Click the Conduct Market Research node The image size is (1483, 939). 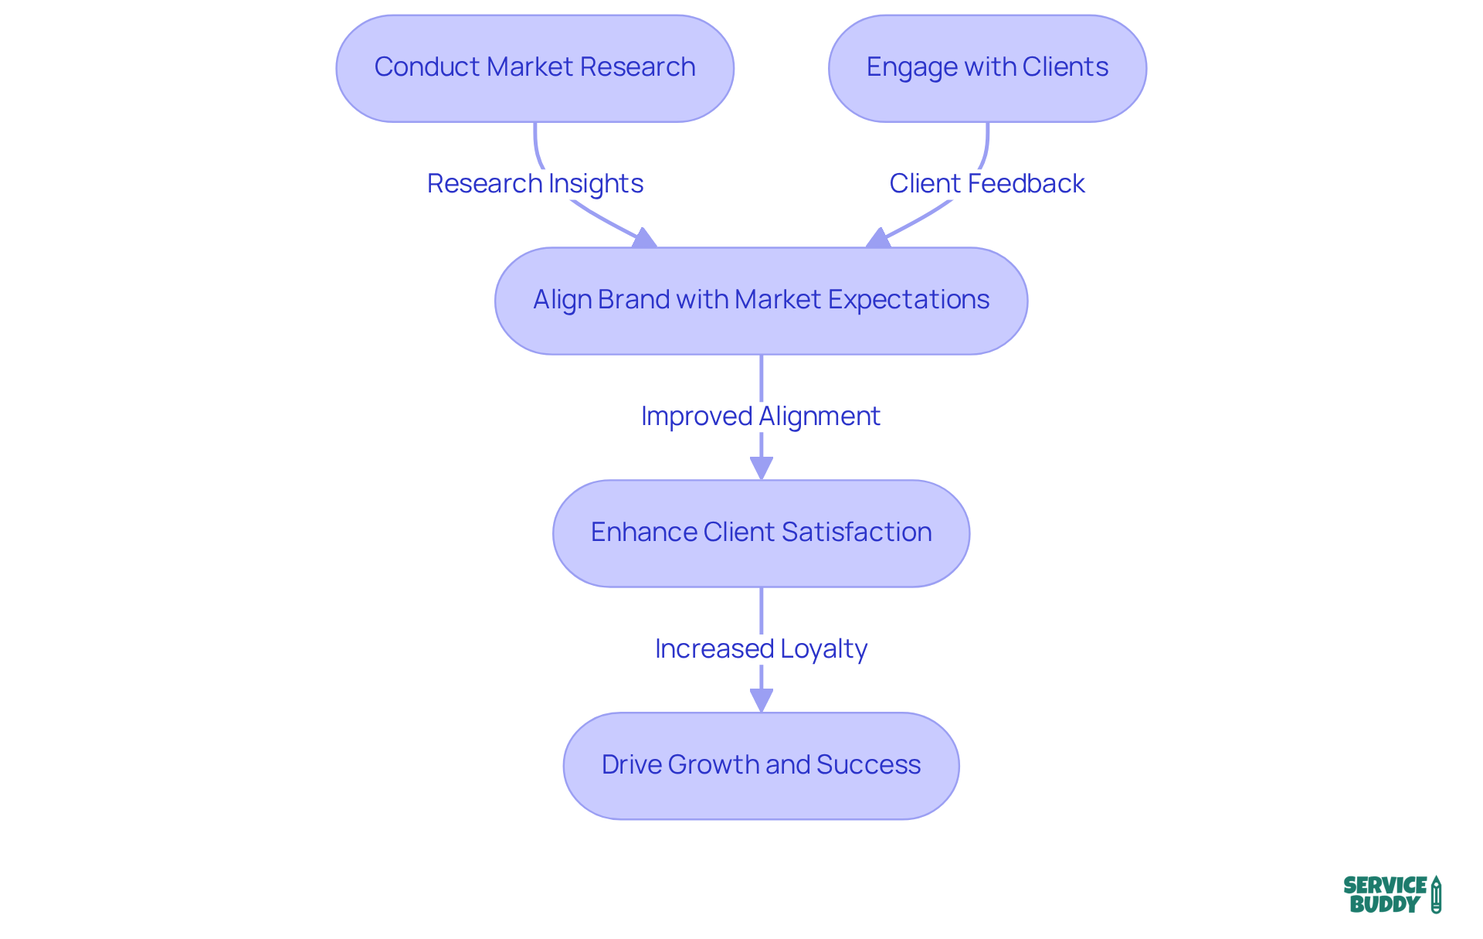tap(534, 68)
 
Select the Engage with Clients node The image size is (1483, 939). tap(987, 68)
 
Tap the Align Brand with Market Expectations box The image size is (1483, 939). tap(761, 301)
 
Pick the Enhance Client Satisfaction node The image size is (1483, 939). tap(761, 533)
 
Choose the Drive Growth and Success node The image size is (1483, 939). tap(761, 765)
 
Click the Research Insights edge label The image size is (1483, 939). tap(534, 184)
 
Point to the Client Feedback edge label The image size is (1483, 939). tap(987, 184)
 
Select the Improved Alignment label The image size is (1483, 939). tap(761, 417)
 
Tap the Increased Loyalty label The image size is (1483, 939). tap(761, 649)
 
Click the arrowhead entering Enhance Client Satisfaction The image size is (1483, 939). tap(762, 467)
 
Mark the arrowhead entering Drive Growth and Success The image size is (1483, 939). tap(762, 699)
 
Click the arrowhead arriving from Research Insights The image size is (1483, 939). tap(644, 239)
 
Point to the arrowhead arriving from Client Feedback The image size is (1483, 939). tap(878, 239)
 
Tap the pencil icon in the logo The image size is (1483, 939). tap(1436, 894)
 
